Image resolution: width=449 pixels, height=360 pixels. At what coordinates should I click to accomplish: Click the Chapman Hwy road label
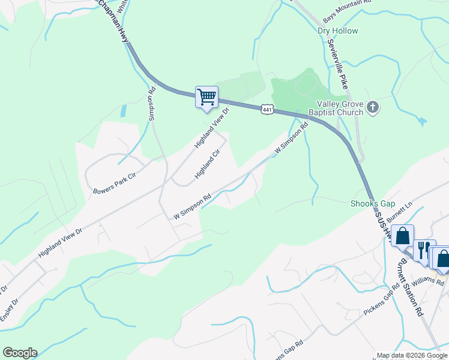tap(114, 22)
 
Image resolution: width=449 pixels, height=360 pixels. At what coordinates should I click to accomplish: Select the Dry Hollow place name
tap(338, 31)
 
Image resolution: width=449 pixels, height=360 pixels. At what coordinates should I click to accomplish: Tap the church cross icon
tap(373, 108)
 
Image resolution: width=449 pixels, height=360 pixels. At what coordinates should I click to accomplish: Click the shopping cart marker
tap(206, 97)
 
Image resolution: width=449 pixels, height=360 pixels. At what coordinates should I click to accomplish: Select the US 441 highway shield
tap(268, 109)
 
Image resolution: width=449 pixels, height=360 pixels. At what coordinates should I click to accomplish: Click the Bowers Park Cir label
tap(115, 184)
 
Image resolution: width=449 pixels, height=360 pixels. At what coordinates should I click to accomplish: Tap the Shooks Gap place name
tap(372, 203)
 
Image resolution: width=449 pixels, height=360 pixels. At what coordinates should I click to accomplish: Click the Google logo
tap(20, 353)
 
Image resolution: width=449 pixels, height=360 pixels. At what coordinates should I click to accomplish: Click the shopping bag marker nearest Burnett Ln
tap(403, 236)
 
